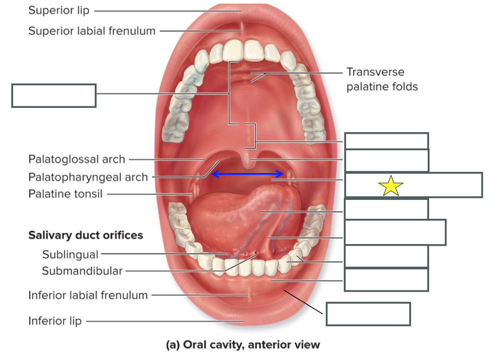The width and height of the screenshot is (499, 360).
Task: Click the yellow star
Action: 391,186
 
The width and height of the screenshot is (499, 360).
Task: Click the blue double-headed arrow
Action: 248,174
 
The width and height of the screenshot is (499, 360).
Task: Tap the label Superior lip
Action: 59,10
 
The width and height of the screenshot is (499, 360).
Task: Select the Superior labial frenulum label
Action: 92,31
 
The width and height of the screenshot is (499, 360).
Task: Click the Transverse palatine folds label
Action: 382,79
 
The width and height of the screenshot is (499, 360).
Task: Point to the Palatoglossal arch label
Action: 76,159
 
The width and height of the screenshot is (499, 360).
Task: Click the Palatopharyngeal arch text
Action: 88,177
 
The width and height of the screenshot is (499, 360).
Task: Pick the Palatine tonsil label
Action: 65,194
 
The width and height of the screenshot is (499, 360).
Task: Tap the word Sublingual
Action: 70,254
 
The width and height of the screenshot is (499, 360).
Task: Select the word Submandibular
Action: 82,271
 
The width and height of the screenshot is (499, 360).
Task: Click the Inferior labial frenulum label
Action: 88,295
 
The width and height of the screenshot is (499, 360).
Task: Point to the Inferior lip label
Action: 55,321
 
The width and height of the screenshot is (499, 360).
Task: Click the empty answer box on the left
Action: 54,96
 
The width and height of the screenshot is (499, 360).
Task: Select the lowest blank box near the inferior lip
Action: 368,314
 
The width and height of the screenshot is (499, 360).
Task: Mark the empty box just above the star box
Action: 387,160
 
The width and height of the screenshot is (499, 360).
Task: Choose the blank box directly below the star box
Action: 386,209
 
